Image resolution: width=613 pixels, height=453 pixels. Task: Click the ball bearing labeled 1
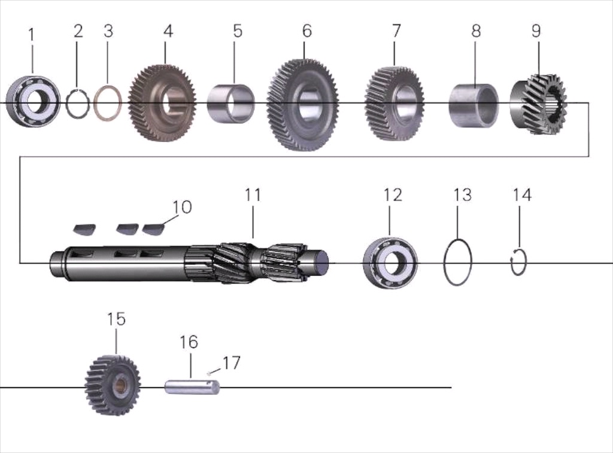pos(34,101)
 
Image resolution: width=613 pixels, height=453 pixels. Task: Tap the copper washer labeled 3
pos(96,102)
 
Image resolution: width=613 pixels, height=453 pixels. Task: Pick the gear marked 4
pos(162,102)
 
